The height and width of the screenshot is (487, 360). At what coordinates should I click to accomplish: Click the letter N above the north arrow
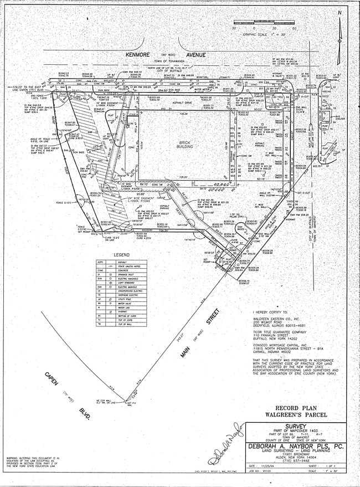tap(340, 12)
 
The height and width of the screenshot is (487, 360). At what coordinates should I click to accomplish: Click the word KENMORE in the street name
tap(138, 55)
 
